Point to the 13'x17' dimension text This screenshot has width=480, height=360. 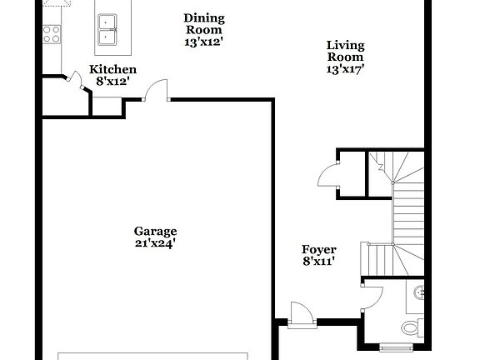346,70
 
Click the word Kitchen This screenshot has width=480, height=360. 113,69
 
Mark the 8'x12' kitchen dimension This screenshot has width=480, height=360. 113,82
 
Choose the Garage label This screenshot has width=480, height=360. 156,231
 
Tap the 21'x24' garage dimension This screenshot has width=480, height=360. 156,244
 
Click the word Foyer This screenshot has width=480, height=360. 318,249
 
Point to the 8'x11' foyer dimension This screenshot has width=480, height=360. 318,262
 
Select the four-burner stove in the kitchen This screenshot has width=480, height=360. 50,33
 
